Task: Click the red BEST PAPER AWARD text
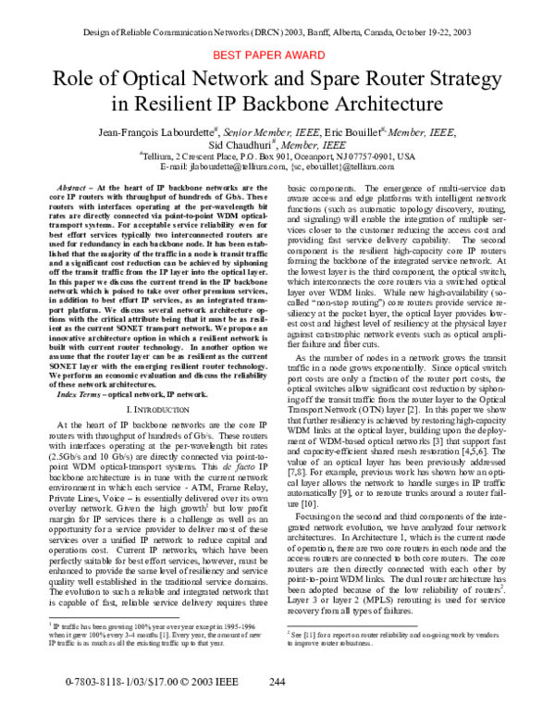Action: point(277,56)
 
